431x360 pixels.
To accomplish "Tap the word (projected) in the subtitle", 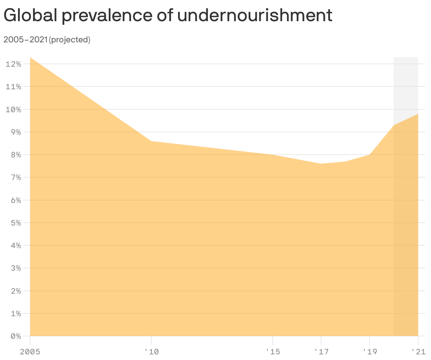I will [70, 40].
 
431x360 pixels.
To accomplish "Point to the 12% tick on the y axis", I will [14, 64].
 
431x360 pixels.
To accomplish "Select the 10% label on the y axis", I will [14, 109].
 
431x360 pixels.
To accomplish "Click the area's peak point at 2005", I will [30, 58].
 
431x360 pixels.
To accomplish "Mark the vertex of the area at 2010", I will [151, 141].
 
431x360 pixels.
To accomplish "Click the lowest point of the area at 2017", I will [321, 164].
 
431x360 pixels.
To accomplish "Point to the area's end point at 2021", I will [418, 114].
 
